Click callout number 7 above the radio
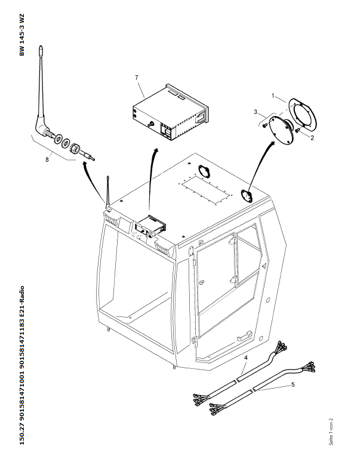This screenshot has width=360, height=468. pyautogui.click(x=137, y=78)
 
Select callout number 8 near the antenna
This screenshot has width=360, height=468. pyautogui.click(x=47, y=159)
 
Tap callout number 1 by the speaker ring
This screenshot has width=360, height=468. pyautogui.click(x=273, y=96)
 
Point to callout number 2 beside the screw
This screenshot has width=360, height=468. pyautogui.click(x=311, y=136)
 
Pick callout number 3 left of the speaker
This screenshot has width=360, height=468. pyautogui.click(x=256, y=112)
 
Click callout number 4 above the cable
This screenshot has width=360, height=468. pyautogui.click(x=245, y=357)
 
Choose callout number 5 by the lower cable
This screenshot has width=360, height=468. pyautogui.click(x=293, y=385)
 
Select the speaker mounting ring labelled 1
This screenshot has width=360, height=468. pyautogui.click(x=301, y=114)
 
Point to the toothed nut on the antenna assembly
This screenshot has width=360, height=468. pyautogui.click(x=76, y=147)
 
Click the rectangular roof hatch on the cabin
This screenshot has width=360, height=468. pyautogui.click(x=205, y=191)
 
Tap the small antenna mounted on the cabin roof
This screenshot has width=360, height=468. pyautogui.click(x=108, y=191)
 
